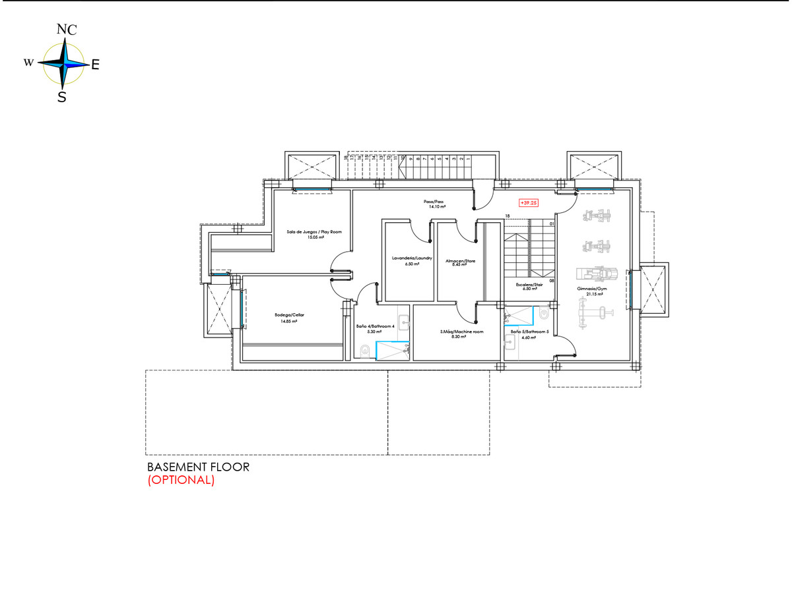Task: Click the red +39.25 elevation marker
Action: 528,203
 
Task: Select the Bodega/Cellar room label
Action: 289,315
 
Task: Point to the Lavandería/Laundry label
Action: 412,258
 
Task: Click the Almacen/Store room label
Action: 461,261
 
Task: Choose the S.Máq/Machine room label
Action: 462,332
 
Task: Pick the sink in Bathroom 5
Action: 509,341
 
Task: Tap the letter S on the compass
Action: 61,98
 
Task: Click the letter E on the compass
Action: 95,65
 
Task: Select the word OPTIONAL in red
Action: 181,481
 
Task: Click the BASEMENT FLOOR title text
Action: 198,467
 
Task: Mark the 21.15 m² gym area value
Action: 591,294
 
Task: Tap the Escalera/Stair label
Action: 529,284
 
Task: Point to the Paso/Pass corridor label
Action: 434,202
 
